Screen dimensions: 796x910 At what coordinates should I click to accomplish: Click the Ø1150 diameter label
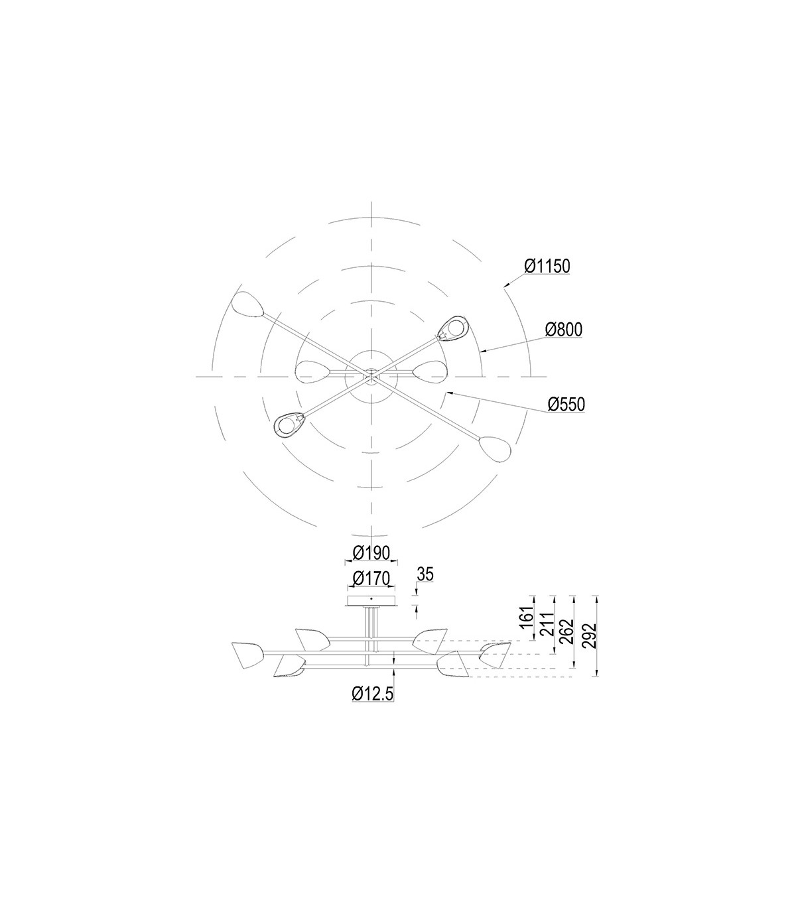[x=547, y=266]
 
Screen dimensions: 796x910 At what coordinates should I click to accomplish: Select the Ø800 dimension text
[x=564, y=330]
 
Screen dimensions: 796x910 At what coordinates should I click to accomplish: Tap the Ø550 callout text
[x=566, y=405]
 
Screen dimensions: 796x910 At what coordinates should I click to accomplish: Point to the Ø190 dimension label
[x=371, y=553]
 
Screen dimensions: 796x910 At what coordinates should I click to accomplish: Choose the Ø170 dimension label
[x=371, y=578]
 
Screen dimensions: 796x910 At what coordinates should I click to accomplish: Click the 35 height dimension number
[x=425, y=574]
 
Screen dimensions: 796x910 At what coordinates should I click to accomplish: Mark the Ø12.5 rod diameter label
[x=373, y=693]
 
